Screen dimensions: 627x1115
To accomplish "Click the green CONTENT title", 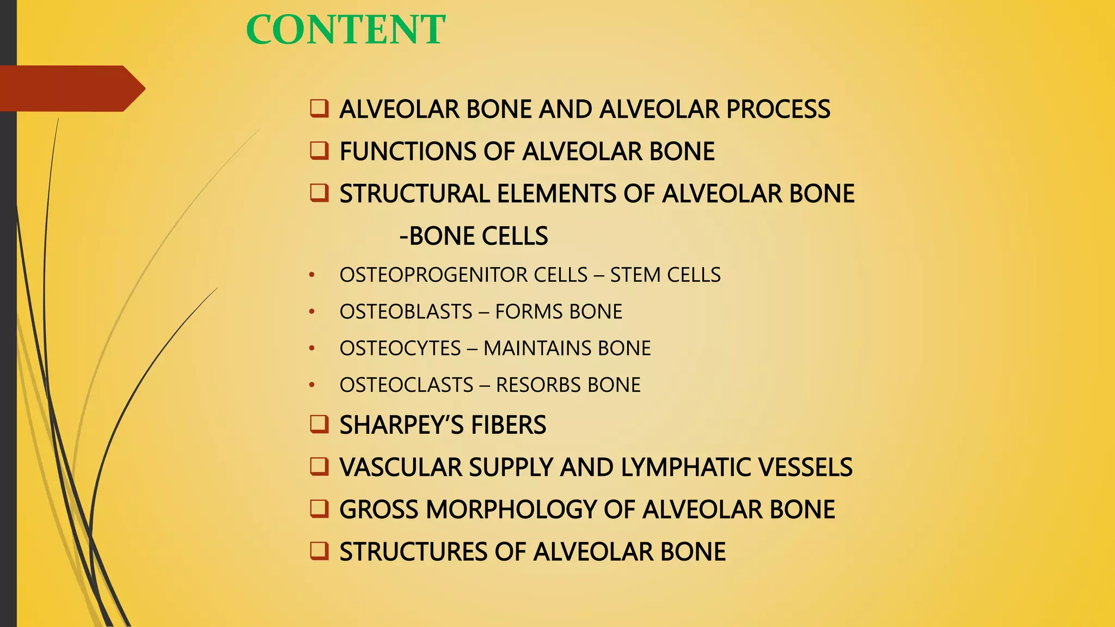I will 346,30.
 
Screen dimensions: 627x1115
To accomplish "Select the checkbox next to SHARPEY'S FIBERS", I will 319,424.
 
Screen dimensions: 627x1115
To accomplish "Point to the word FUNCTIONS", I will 408,151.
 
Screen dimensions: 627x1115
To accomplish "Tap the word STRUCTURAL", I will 414,194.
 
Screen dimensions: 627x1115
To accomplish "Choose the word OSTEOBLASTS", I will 406,312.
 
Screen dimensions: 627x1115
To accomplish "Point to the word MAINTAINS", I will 537,348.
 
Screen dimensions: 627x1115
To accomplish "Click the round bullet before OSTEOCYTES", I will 312,348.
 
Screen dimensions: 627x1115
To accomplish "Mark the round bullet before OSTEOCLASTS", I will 312,385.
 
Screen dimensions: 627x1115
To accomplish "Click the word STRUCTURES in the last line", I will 413,552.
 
